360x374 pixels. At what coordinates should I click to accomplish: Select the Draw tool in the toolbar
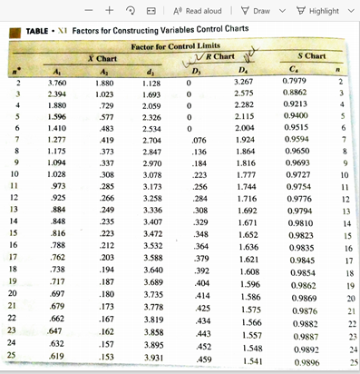tap(261, 10)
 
